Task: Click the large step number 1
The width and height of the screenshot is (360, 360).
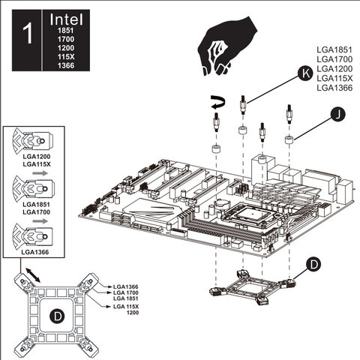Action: (x=28, y=34)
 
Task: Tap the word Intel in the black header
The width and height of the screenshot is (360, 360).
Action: (x=66, y=19)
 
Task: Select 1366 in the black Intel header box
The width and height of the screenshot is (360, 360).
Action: (x=66, y=65)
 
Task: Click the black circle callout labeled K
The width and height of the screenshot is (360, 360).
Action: (x=305, y=74)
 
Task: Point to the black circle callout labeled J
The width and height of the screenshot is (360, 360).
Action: (x=337, y=115)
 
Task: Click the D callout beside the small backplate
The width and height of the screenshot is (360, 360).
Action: (x=313, y=265)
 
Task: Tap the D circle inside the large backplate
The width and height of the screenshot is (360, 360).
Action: (x=58, y=316)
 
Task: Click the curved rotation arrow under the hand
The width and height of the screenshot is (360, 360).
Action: (x=218, y=103)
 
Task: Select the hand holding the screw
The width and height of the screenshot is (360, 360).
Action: (x=227, y=46)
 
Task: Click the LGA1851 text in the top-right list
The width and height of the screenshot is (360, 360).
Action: (x=334, y=49)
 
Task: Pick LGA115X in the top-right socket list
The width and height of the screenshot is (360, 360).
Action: (x=334, y=78)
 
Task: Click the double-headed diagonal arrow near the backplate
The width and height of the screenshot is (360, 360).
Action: (x=33, y=275)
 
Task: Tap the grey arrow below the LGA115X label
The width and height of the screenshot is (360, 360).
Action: (x=40, y=173)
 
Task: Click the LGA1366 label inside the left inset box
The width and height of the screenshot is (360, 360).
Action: (x=35, y=252)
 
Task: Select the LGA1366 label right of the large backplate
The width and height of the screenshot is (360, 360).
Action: (x=126, y=286)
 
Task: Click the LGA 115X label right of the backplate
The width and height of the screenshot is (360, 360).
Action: (x=126, y=307)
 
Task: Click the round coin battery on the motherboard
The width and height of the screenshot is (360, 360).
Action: (x=221, y=203)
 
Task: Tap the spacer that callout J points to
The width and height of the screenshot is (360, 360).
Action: (x=289, y=139)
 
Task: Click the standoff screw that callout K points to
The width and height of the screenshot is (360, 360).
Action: (x=242, y=104)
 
